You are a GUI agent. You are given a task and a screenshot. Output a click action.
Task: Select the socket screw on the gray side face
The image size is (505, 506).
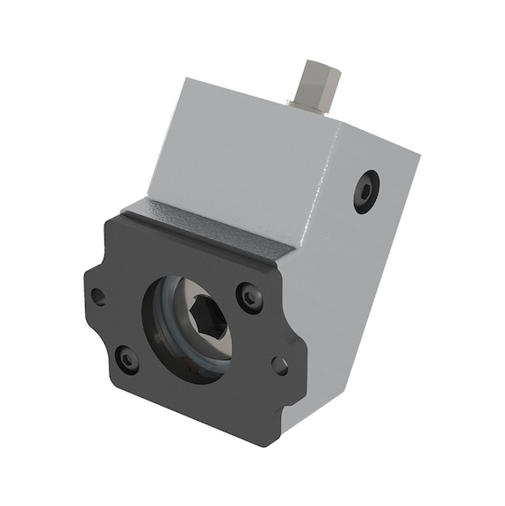(365, 191)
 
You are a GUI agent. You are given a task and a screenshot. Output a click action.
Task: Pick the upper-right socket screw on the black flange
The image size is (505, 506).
(250, 299)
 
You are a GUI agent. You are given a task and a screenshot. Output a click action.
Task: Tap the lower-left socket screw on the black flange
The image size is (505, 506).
(127, 358)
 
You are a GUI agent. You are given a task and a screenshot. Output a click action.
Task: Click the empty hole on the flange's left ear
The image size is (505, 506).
(98, 296)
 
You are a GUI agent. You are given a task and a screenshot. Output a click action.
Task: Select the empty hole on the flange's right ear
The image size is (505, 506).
(280, 365)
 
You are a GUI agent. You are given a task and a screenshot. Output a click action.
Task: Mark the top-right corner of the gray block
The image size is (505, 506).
(418, 159)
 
